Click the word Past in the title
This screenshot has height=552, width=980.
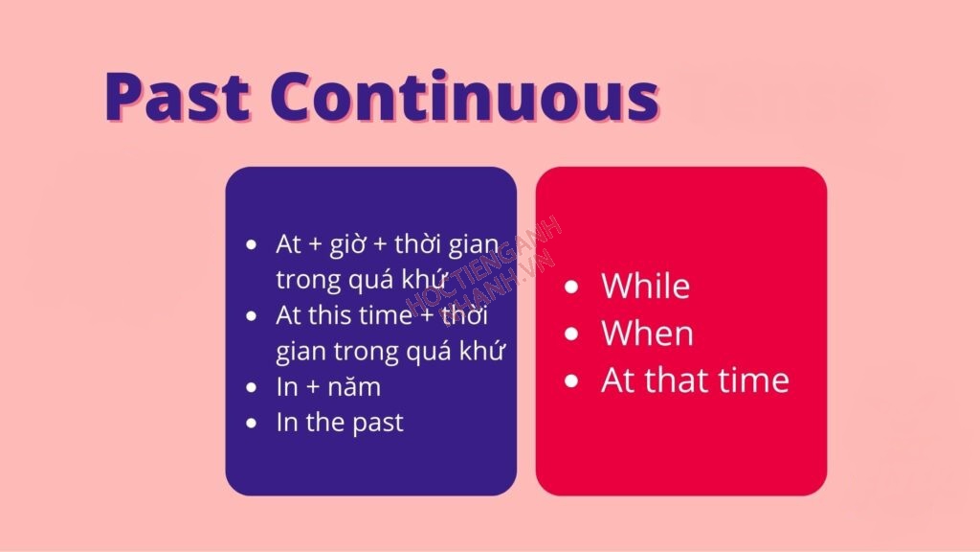coord(177,96)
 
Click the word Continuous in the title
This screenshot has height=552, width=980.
coord(465,96)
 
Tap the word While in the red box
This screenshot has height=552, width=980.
coord(646,286)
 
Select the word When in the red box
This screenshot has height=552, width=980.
coord(648,333)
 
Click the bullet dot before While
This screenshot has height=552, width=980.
coord(571,287)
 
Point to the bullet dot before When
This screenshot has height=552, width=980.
coord(571,334)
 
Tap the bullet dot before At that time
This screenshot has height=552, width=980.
coord(571,381)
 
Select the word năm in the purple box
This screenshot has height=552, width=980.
coord(354,387)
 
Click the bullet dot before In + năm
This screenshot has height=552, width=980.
coord(252,388)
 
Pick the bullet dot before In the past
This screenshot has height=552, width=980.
coord(252,424)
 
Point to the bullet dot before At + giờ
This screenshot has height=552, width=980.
coord(252,244)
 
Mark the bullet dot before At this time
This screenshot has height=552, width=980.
coord(252,316)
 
